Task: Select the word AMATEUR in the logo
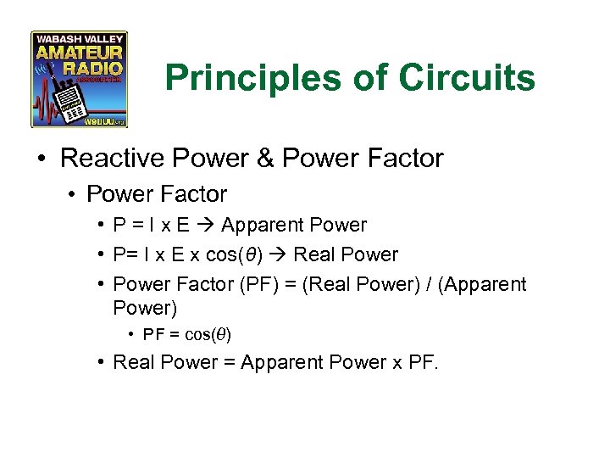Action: click(x=79, y=53)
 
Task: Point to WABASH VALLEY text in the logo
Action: click(x=79, y=38)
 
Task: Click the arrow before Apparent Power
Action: click(x=207, y=226)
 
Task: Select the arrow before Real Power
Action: click(x=280, y=254)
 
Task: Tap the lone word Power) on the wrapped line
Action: click(x=145, y=307)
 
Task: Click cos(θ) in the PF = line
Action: click(x=208, y=334)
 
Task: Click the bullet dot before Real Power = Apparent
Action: click(x=99, y=363)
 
